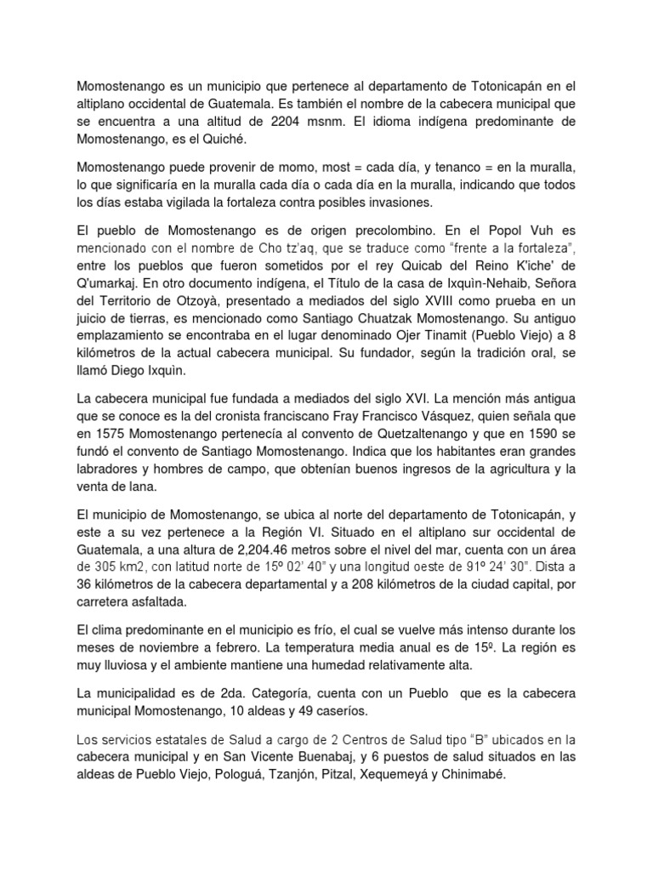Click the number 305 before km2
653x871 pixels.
coord(106,566)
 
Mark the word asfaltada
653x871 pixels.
coord(157,601)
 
